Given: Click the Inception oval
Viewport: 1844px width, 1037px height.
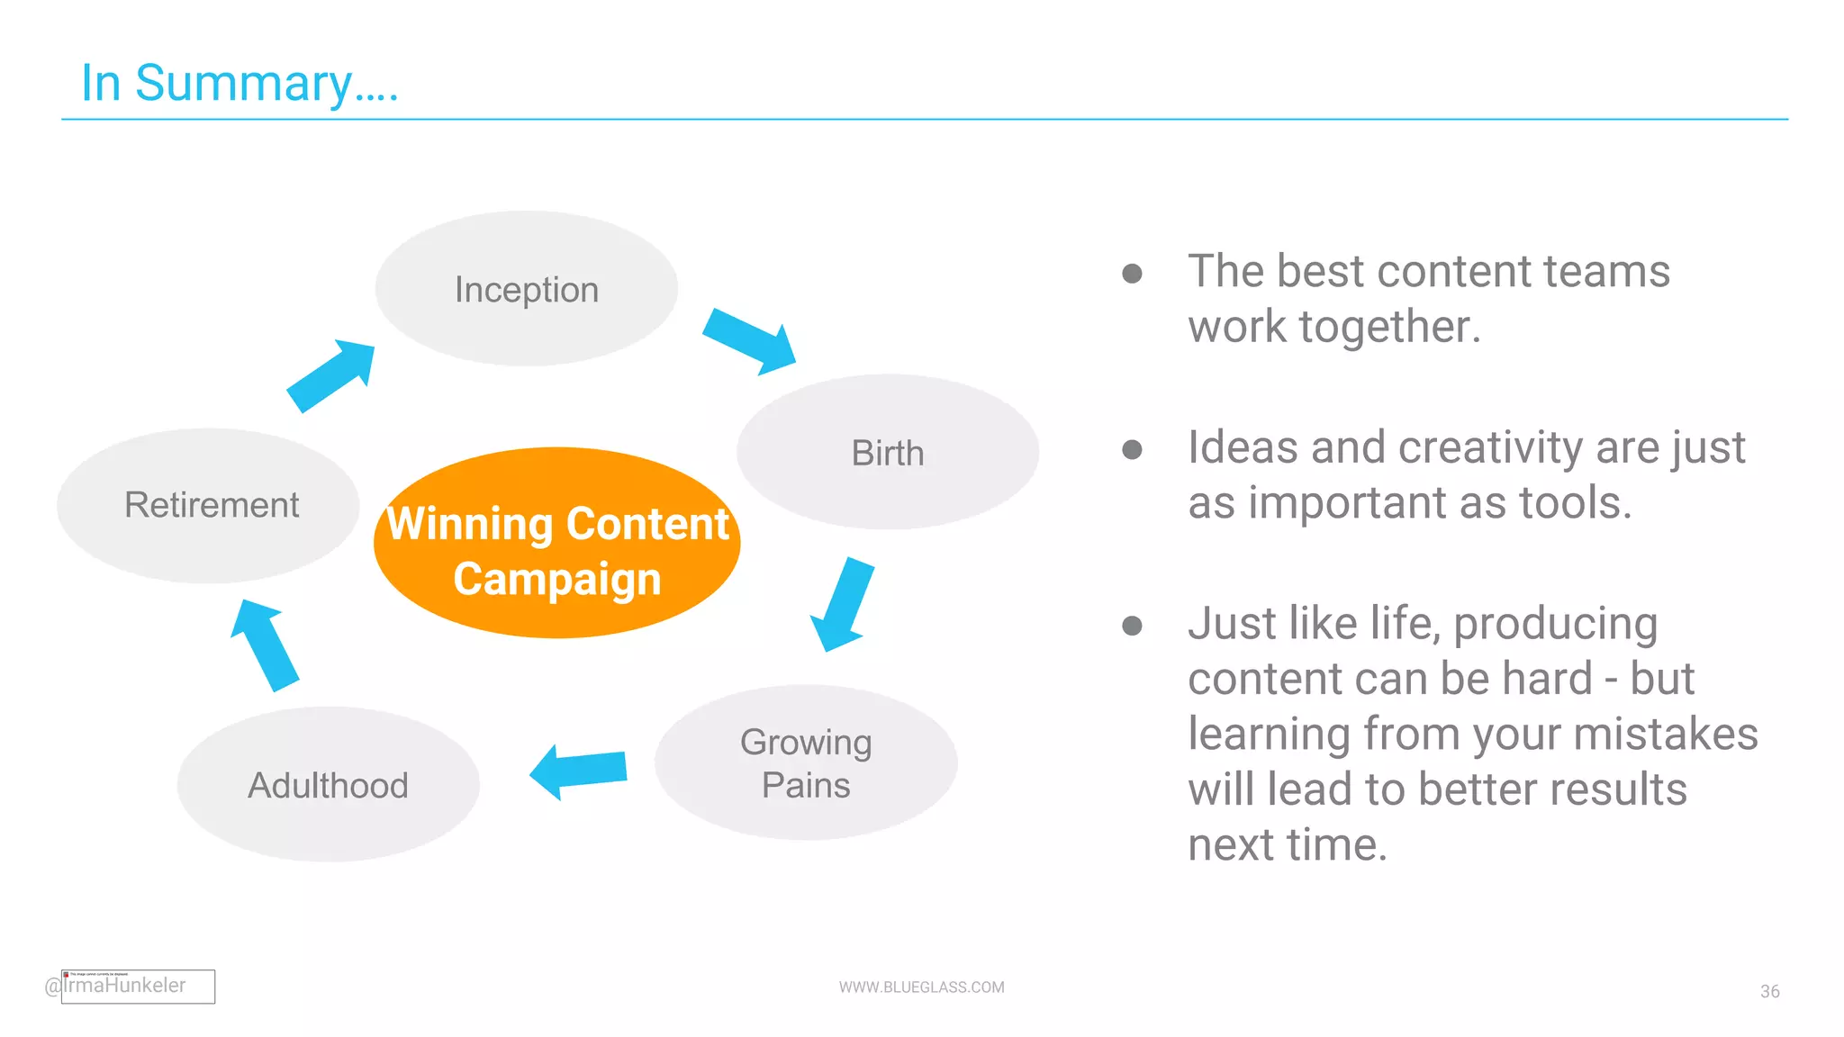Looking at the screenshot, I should coord(527,289).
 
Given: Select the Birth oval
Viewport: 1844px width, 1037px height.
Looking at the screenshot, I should coord(888,452).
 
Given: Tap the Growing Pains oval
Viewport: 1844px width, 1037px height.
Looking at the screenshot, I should coord(806,762).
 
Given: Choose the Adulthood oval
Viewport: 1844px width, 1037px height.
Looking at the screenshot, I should coord(329,784).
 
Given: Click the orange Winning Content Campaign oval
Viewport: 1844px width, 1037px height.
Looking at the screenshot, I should coord(556,544).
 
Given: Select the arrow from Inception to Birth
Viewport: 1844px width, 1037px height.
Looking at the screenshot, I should coord(749,341).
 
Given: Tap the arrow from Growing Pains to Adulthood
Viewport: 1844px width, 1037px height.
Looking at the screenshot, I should coord(579,771).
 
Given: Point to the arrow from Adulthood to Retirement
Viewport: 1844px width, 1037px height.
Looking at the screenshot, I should coord(264,645).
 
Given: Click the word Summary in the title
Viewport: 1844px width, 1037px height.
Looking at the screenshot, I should coord(243,83).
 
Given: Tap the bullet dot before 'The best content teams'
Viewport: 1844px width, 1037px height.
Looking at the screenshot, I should coord(1132,273).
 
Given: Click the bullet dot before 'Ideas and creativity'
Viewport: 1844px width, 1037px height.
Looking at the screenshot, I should coord(1132,449).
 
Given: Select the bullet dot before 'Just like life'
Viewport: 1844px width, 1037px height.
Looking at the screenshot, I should coord(1132,626).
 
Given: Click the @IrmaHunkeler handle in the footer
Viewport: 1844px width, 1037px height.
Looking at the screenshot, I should coord(117,986).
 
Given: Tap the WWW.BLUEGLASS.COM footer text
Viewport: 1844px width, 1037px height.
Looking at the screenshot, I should coord(921,987).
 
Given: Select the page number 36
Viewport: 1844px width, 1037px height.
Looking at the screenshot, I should coord(1769,991).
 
